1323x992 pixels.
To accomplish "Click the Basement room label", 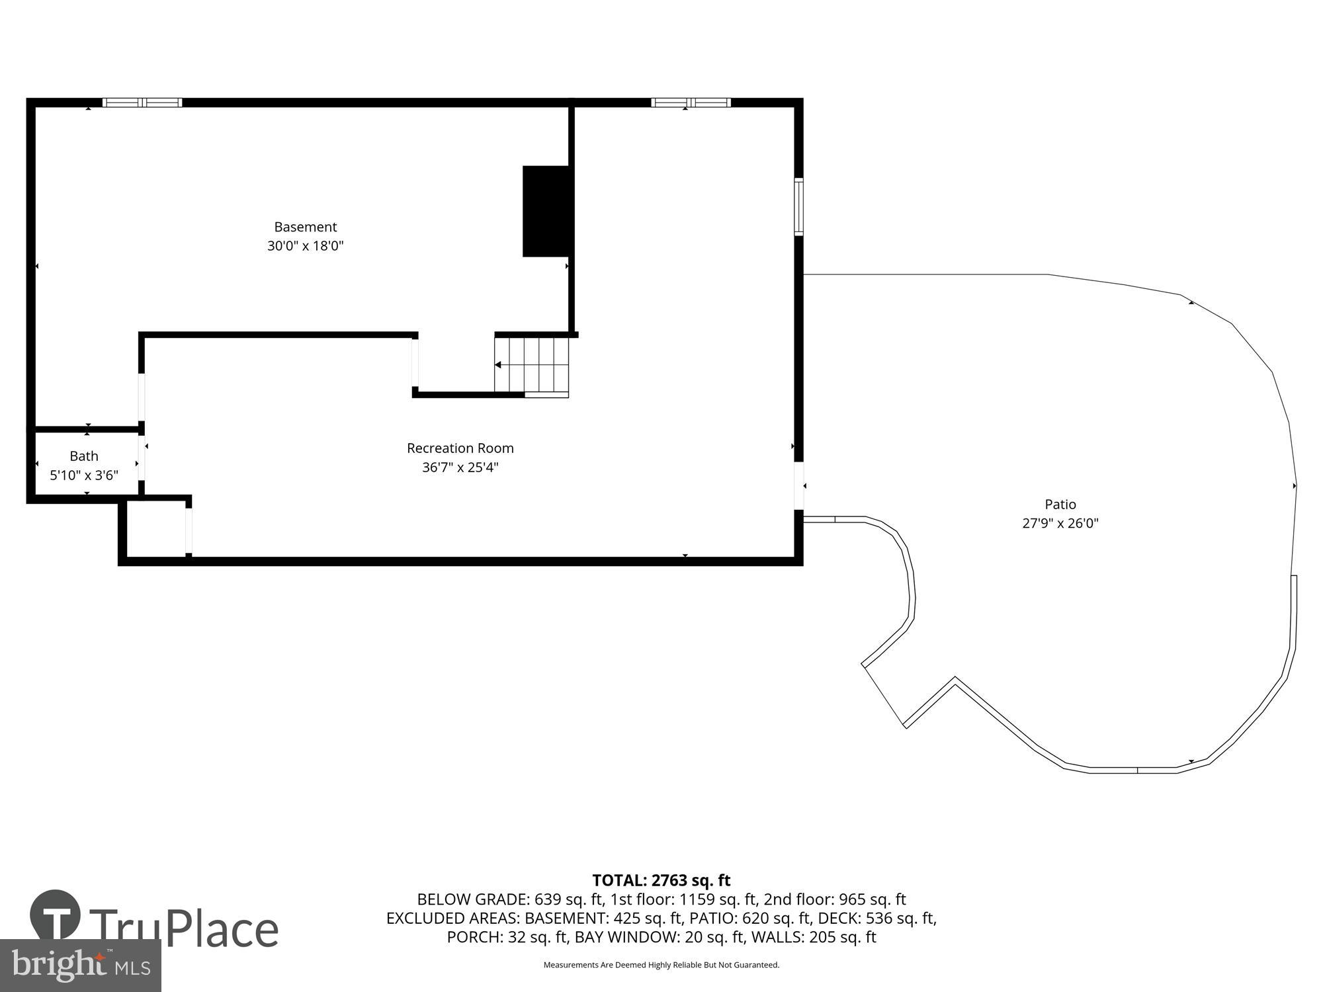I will pyautogui.click(x=305, y=227).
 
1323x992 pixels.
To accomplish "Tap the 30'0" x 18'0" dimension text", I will pyautogui.click(x=305, y=246).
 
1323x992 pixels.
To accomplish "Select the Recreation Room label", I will pyautogui.click(x=460, y=448).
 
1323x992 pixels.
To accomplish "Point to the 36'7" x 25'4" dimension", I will pyautogui.click(x=460, y=468).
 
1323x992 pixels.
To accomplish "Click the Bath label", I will pyautogui.click(x=84, y=456).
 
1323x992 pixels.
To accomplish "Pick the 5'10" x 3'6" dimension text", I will pyautogui.click(x=84, y=475).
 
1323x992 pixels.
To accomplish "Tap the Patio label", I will pyautogui.click(x=1060, y=505).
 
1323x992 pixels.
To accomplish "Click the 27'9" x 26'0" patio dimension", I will pyautogui.click(x=1060, y=524).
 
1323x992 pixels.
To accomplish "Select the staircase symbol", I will pyautogui.click(x=532, y=366).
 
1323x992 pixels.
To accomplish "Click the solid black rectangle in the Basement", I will pyautogui.click(x=546, y=211).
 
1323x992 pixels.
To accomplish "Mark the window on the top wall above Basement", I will pyautogui.click(x=142, y=103).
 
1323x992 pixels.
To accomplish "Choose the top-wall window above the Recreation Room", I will pyautogui.click(x=691, y=103).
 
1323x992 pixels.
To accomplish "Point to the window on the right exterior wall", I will pyautogui.click(x=798, y=207).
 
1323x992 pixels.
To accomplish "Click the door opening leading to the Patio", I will pyautogui.click(x=798, y=486).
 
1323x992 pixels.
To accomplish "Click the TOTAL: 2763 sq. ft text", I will pyautogui.click(x=661, y=880).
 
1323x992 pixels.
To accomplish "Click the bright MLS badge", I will pyautogui.click(x=80, y=966).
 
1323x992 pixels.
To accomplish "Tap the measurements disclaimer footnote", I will pyautogui.click(x=661, y=965).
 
